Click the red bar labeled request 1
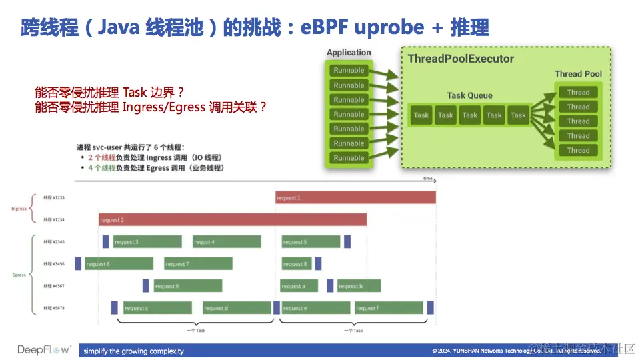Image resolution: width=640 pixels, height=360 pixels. [x=355, y=197]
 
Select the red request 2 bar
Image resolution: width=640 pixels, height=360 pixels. [x=233, y=219]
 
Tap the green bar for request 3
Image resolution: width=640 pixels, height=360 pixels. [x=147, y=242]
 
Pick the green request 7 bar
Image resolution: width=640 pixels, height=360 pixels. [x=198, y=264]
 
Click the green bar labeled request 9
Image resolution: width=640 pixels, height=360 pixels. [x=187, y=286]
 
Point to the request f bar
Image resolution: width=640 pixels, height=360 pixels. [x=389, y=308]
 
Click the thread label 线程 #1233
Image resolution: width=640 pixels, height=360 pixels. [x=53, y=198]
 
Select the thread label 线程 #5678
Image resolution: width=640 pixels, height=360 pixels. [x=53, y=308]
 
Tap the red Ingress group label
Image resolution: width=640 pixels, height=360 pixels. [x=19, y=209]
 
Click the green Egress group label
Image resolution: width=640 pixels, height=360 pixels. [x=19, y=275]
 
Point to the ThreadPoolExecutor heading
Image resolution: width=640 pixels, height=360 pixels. [x=461, y=59]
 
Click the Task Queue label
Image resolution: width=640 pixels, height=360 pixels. [x=469, y=95]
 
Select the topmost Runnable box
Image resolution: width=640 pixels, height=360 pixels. [x=349, y=70]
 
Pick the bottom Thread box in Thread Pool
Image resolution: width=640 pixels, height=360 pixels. [x=578, y=150]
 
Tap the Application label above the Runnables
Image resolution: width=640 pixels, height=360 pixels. [x=349, y=53]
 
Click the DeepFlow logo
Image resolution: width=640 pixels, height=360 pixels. [x=43, y=350]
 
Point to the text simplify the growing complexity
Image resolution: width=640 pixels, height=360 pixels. [x=133, y=351]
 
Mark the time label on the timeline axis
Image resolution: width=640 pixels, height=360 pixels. [x=427, y=179]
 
